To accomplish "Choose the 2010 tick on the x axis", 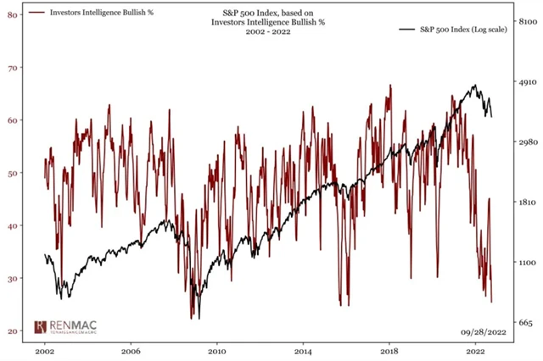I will tap(216, 350).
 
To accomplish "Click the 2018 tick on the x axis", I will tap(389, 350).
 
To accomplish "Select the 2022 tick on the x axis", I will tap(475, 350).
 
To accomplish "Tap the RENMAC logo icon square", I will tap(40, 326).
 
